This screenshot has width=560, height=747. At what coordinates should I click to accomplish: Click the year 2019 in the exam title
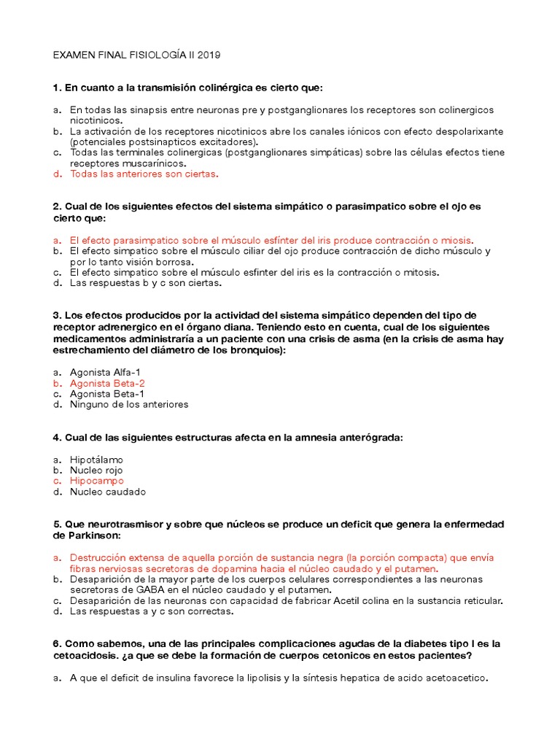pos(208,55)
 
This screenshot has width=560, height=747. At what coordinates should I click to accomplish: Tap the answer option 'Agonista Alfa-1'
pos(105,372)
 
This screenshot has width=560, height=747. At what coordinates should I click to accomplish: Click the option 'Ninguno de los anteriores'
pos(129,404)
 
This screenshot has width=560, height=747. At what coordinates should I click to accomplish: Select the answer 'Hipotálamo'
pos(96,460)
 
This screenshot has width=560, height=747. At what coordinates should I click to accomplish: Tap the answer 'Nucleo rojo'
pos(96,471)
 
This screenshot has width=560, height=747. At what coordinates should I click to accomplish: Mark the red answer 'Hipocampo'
pos(96,481)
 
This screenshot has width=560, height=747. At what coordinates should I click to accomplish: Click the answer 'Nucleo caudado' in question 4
pos(107,492)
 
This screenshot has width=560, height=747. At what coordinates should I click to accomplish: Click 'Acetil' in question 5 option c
pos(330,600)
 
